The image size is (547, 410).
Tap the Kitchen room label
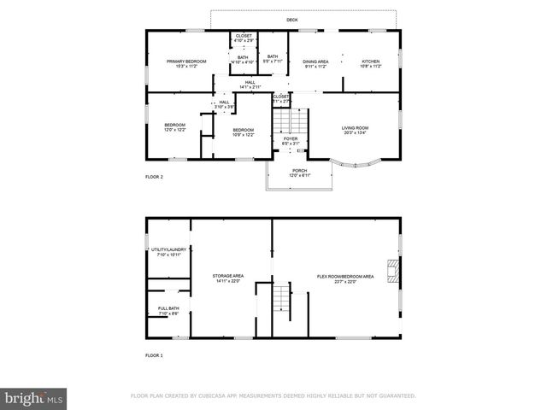(x=370, y=61)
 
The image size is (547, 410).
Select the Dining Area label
(x=315, y=61)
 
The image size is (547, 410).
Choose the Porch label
(x=299, y=170)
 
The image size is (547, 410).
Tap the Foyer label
(x=291, y=138)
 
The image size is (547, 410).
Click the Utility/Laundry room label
(x=168, y=250)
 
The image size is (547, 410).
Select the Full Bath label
(x=168, y=308)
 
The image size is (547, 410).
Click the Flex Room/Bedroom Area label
(x=345, y=276)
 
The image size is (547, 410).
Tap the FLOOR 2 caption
(x=154, y=177)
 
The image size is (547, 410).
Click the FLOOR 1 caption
(x=154, y=354)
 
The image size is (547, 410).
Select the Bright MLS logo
(x=34, y=398)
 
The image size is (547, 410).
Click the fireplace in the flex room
(x=392, y=271)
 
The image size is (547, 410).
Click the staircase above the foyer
(x=291, y=120)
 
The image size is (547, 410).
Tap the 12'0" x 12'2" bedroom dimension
(x=174, y=130)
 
